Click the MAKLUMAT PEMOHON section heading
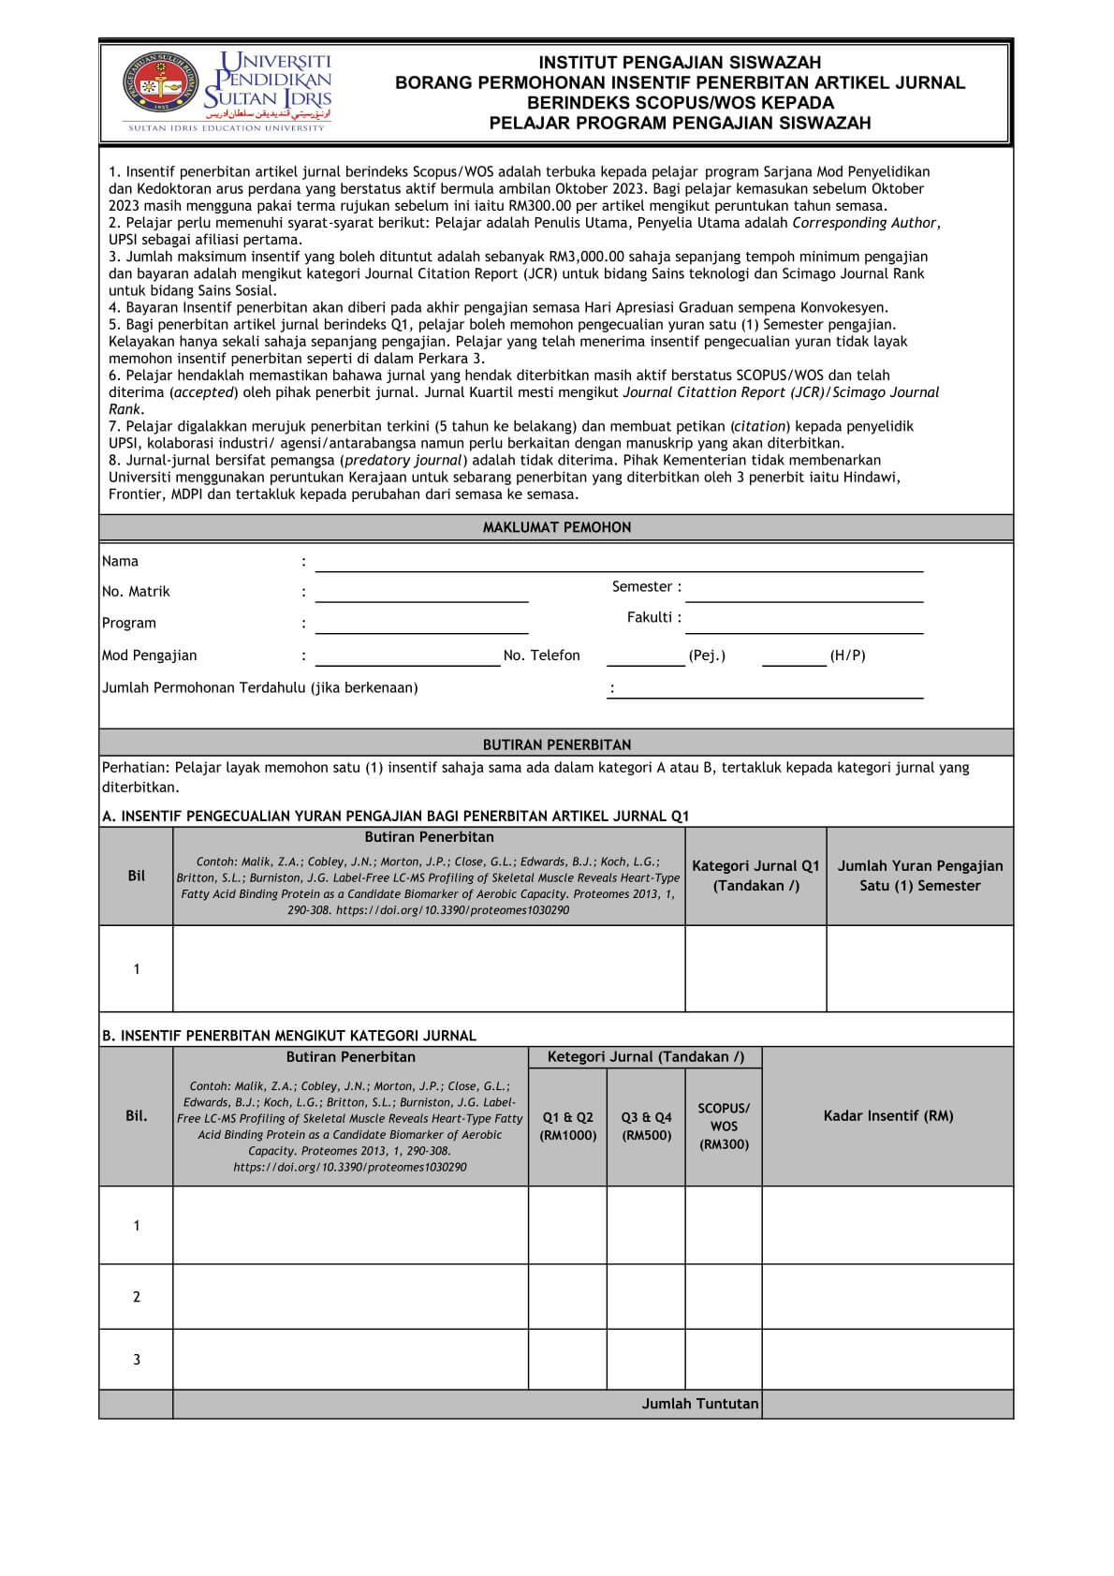(x=556, y=527)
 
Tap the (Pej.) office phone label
(x=707, y=655)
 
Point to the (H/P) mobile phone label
(x=847, y=655)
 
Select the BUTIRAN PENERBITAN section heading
(x=556, y=744)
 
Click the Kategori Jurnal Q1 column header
(x=755, y=876)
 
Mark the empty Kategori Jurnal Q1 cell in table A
(x=755, y=968)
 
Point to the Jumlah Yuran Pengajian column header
(x=919, y=876)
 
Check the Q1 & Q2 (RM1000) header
(x=567, y=1127)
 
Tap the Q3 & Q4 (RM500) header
(x=646, y=1127)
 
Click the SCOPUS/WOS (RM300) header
(x=724, y=1127)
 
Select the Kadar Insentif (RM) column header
(x=887, y=1116)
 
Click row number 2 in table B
(x=137, y=1297)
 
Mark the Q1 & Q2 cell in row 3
(x=567, y=1359)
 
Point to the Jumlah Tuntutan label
(x=699, y=1404)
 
